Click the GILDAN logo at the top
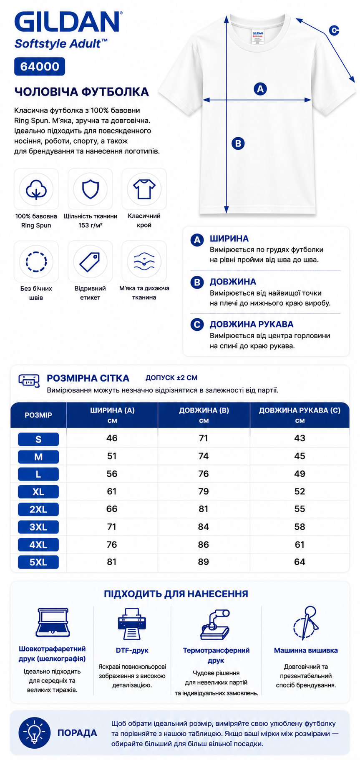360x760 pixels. pyautogui.click(x=68, y=22)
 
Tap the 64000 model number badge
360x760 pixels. pyautogui.click(x=40, y=66)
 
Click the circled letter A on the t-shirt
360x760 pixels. pyautogui.click(x=260, y=89)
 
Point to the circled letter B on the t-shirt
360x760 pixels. pyautogui.click(x=238, y=143)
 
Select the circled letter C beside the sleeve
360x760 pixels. pyautogui.click(x=334, y=30)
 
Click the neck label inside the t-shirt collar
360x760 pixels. pyautogui.click(x=257, y=36)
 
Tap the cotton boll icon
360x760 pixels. pyautogui.click(x=36, y=189)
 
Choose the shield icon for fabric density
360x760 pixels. pyautogui.click(x=90, y=189)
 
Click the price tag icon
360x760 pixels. pyautogui.click(x=90, y=262)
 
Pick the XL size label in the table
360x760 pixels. pyautogui.click(x=38, y=492)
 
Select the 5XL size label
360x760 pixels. pyautogui.click(x=38, y=562)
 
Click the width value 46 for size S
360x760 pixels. pyautogui.click(x=112, y=438)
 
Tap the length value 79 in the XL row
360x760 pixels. pyautogui.click(x=204, y=491)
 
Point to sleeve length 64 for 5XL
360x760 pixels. pyautogui.click(x=300, y=562)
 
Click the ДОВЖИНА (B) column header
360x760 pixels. pyautogui.click(x=204, y=410)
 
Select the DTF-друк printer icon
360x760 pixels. pyautogui.click(x=132, y=624)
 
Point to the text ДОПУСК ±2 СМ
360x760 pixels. pyautogui.click(x=171, y=378)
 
